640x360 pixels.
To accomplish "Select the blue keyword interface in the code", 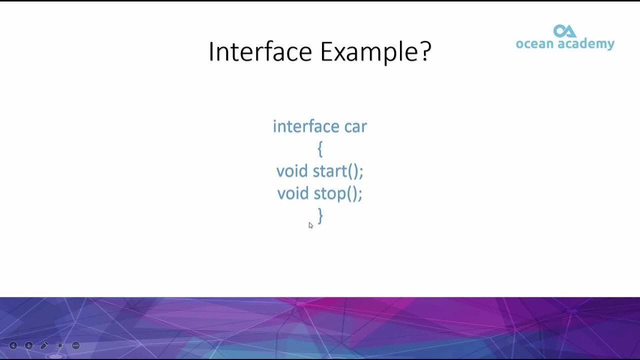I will click(306, 126).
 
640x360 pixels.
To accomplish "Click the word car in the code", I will click(355, 126).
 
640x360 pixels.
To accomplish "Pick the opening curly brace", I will click(320, 149).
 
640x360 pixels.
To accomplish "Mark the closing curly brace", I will click(320, 216).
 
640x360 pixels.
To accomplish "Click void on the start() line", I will click(292, 171).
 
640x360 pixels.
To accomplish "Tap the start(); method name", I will click(338, 171).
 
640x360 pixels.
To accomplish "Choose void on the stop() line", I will click(293, 193).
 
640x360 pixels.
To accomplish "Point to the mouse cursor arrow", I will click(310, 225).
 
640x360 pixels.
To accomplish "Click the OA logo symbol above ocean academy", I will click(565, 31).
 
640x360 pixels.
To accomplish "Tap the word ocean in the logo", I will click(534, 44).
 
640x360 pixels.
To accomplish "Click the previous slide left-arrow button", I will click(13, 345).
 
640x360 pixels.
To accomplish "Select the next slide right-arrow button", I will click(29, 345).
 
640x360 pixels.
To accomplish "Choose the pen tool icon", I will click(44, 345).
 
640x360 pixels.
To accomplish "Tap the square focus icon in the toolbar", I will click(60, 345).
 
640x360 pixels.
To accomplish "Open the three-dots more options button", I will click(76, 345).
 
